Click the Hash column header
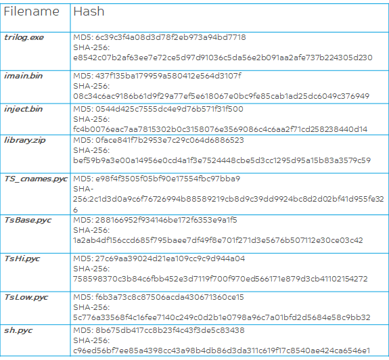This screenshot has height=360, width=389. coord(89,12)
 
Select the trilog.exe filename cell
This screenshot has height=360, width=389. coord(24,37)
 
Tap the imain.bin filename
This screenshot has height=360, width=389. coord(24,75)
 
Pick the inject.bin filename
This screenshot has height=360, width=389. coord(23,108)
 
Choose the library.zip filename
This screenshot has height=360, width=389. coord(24,140)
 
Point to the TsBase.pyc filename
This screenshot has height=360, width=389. coord(28,220)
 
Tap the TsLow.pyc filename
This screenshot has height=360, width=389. coord(26,297)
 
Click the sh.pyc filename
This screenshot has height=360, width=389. coord(19,330)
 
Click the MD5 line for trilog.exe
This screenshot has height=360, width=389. coord(160,37)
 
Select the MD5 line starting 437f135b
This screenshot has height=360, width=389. coord(157,75)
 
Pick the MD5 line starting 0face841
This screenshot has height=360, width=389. coord(159,140)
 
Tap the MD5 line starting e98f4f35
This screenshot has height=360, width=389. coord(157,179)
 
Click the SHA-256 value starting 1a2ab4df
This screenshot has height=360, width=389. coord(218,240)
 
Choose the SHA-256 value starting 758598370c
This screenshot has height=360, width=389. coord(221,278)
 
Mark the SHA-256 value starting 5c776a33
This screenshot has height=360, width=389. coord(221,317)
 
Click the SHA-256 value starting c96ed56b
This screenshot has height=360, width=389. coord(221,350)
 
